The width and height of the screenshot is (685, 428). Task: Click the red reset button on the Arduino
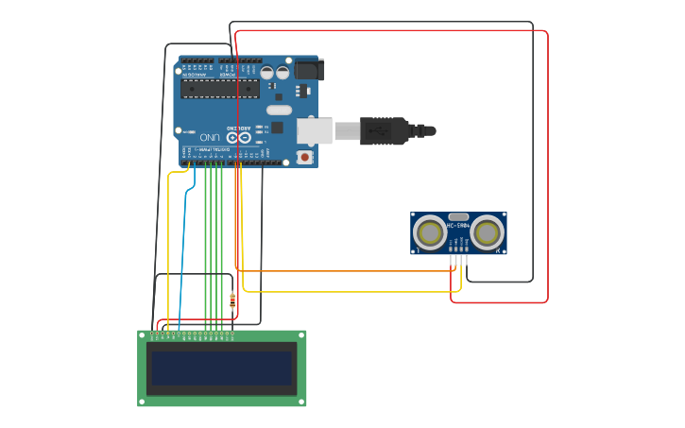pyautogui.click(x=304, y=157)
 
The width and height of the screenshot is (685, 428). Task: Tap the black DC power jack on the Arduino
pyautogui.click(x=309, y=69)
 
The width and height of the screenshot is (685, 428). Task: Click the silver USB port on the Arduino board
pyautogui.click(x=315, y=130)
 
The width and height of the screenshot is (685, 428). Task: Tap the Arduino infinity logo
pyautogui.click(x=238, y=138)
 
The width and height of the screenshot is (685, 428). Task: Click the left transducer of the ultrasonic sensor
pyautogui.click(x=430, y=233)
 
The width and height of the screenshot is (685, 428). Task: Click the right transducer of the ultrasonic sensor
pyautogui.click(x=488, y=233)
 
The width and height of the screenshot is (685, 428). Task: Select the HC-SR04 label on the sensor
pyautogui.click(x=458, y=226)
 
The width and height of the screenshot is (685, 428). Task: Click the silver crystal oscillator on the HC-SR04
pyautogui.click(x=458, y=216)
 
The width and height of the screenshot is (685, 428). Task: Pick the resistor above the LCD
pyautogui.click(x=232, y=301)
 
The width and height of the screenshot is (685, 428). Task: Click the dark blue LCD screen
pyautogui.click(x=222, y=368)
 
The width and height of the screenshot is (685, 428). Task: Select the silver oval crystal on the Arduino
pyautogui.click(x=279, y=110)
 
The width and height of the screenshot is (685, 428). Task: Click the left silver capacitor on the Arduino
pyautogui.click(x=267, y=72)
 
